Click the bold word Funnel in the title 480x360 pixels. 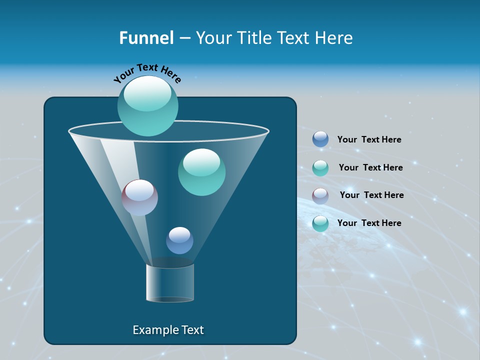(x=146, y=38)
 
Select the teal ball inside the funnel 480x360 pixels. (x=201, y=172)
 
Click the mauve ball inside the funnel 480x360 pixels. (x=139, y=197)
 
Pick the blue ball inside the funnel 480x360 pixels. (x=179, y=240)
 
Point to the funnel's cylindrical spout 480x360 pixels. (x=170, y=282)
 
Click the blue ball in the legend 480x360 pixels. (x=320, y=139)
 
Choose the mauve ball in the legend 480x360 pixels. (x=320, y=195)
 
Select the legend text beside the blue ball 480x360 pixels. (x=369, y=139)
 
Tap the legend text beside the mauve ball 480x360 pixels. (x=371, y=195)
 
